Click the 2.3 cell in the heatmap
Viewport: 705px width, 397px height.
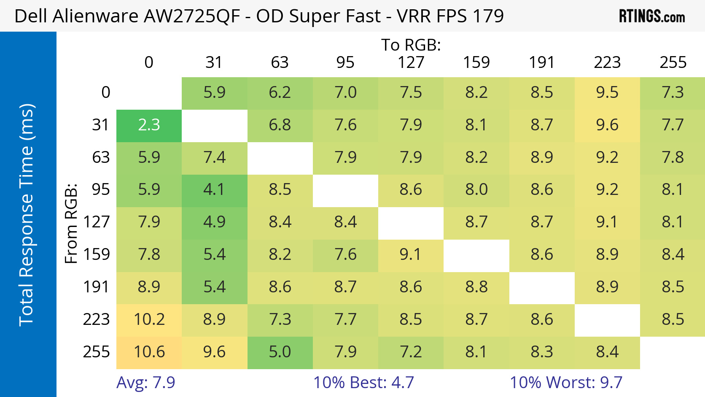click(x=149, y=125)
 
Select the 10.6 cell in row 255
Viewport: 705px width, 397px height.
click(x=149, y=352)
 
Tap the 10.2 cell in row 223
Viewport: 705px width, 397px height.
click(x=149, y=320)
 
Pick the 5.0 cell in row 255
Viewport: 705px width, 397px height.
click(x=280, y=352)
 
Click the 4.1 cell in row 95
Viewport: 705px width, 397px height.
click(x=214, y=190)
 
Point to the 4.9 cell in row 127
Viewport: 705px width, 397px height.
click(x=214, y=222)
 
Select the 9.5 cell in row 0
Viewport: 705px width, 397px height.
click(x=607, y=93)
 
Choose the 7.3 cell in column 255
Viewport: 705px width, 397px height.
click(x=673, y=93)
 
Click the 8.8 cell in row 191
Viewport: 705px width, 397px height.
click(x=476, y=287)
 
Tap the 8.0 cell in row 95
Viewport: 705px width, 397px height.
click(x=476, y=190)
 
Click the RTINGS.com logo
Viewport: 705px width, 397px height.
click(x=652, y=16)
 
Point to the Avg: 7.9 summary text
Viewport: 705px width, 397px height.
click(x=145, y=383)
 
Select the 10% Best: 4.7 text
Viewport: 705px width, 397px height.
click(x=363, y=383)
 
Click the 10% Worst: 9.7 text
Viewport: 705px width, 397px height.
click(x=566, y=383)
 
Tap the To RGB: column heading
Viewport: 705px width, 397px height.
click(x=411, y=45)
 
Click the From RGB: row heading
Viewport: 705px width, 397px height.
click(x=71, y=223)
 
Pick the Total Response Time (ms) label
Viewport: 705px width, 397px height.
click(x=26, y=215)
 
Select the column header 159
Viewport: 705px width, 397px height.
click(x=476, y=63)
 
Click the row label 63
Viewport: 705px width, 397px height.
click(x=101, y=158)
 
